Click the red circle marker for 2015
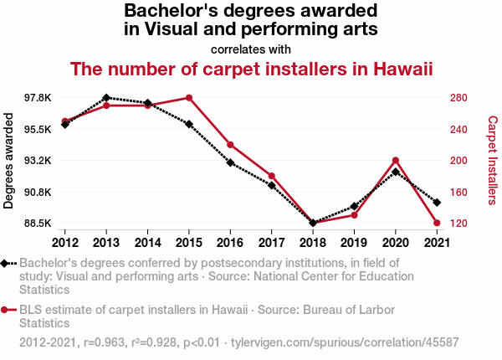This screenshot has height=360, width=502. tap(189, 98)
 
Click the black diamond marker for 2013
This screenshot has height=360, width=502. tap(106, 98)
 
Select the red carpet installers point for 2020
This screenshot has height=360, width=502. tap(395, 161)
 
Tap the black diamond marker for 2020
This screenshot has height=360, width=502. tap(395, 172)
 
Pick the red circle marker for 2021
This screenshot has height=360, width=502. tap(436, 223)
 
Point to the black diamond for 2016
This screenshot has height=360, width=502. tap(230, 162)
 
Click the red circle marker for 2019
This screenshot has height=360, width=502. tap(354, 215)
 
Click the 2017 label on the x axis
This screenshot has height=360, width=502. tap(271, 243)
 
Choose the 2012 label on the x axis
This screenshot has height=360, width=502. tap(65, 243)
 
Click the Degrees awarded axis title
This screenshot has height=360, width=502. tap(9, 162)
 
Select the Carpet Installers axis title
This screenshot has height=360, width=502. tap(492, 161)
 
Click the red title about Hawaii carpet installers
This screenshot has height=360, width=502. tap(251, 69)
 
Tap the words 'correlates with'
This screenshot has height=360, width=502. tap(251, 49)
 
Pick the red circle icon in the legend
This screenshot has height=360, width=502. tap(6, 310)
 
